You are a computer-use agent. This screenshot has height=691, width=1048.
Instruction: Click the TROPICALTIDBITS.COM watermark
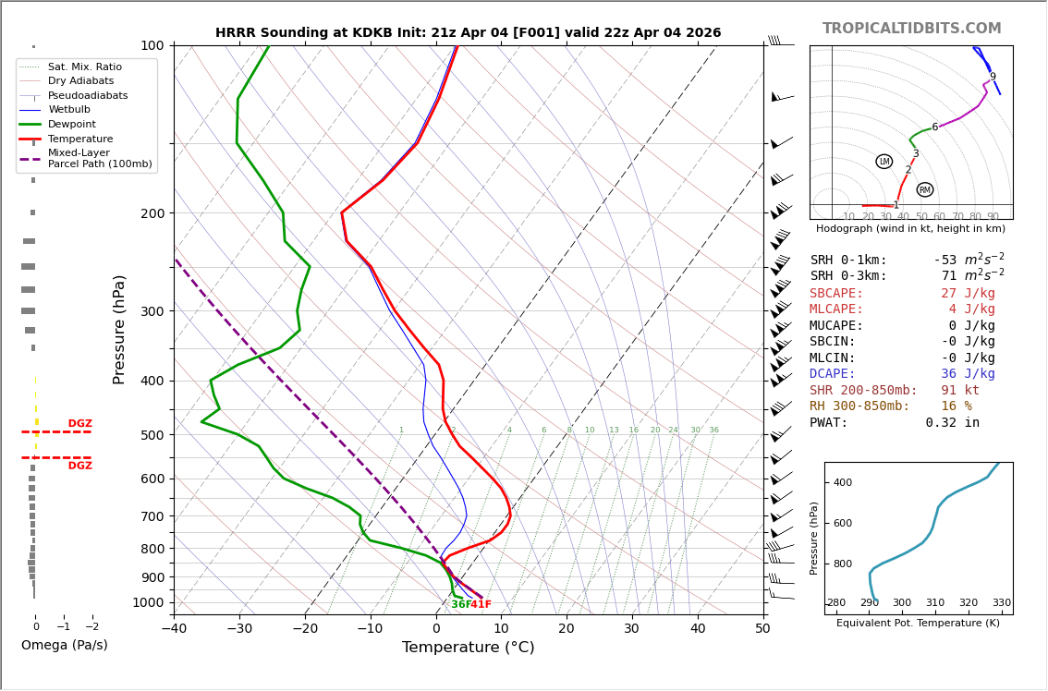click(911, 29)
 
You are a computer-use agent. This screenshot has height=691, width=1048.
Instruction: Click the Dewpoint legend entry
click(72, 125)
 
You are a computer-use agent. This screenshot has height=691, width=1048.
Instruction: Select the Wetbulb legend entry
click(69, 110)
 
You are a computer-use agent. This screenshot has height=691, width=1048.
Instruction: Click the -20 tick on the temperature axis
click(305, 630)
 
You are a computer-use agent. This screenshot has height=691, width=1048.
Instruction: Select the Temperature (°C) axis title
click(468, 648)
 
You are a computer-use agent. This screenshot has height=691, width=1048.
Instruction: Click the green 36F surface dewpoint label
click(461, 605)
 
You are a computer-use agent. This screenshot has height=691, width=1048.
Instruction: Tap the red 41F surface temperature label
click(481, 605)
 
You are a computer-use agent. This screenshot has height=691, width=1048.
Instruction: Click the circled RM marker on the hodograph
click(925, 189)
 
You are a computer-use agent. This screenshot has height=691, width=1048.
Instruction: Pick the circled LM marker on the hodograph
click(884, 162)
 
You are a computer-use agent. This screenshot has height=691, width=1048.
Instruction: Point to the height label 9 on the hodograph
click(993, 78)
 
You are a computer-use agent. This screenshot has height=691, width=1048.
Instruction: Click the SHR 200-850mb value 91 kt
click(960, 391)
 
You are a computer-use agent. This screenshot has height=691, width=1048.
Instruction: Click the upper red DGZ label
click(80, 424)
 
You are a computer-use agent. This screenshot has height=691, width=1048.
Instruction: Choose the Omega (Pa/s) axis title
click(65, 646)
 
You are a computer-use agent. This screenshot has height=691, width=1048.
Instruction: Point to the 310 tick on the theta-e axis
click(934, 603)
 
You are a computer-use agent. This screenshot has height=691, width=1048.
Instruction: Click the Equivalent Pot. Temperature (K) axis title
click(917, 623)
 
